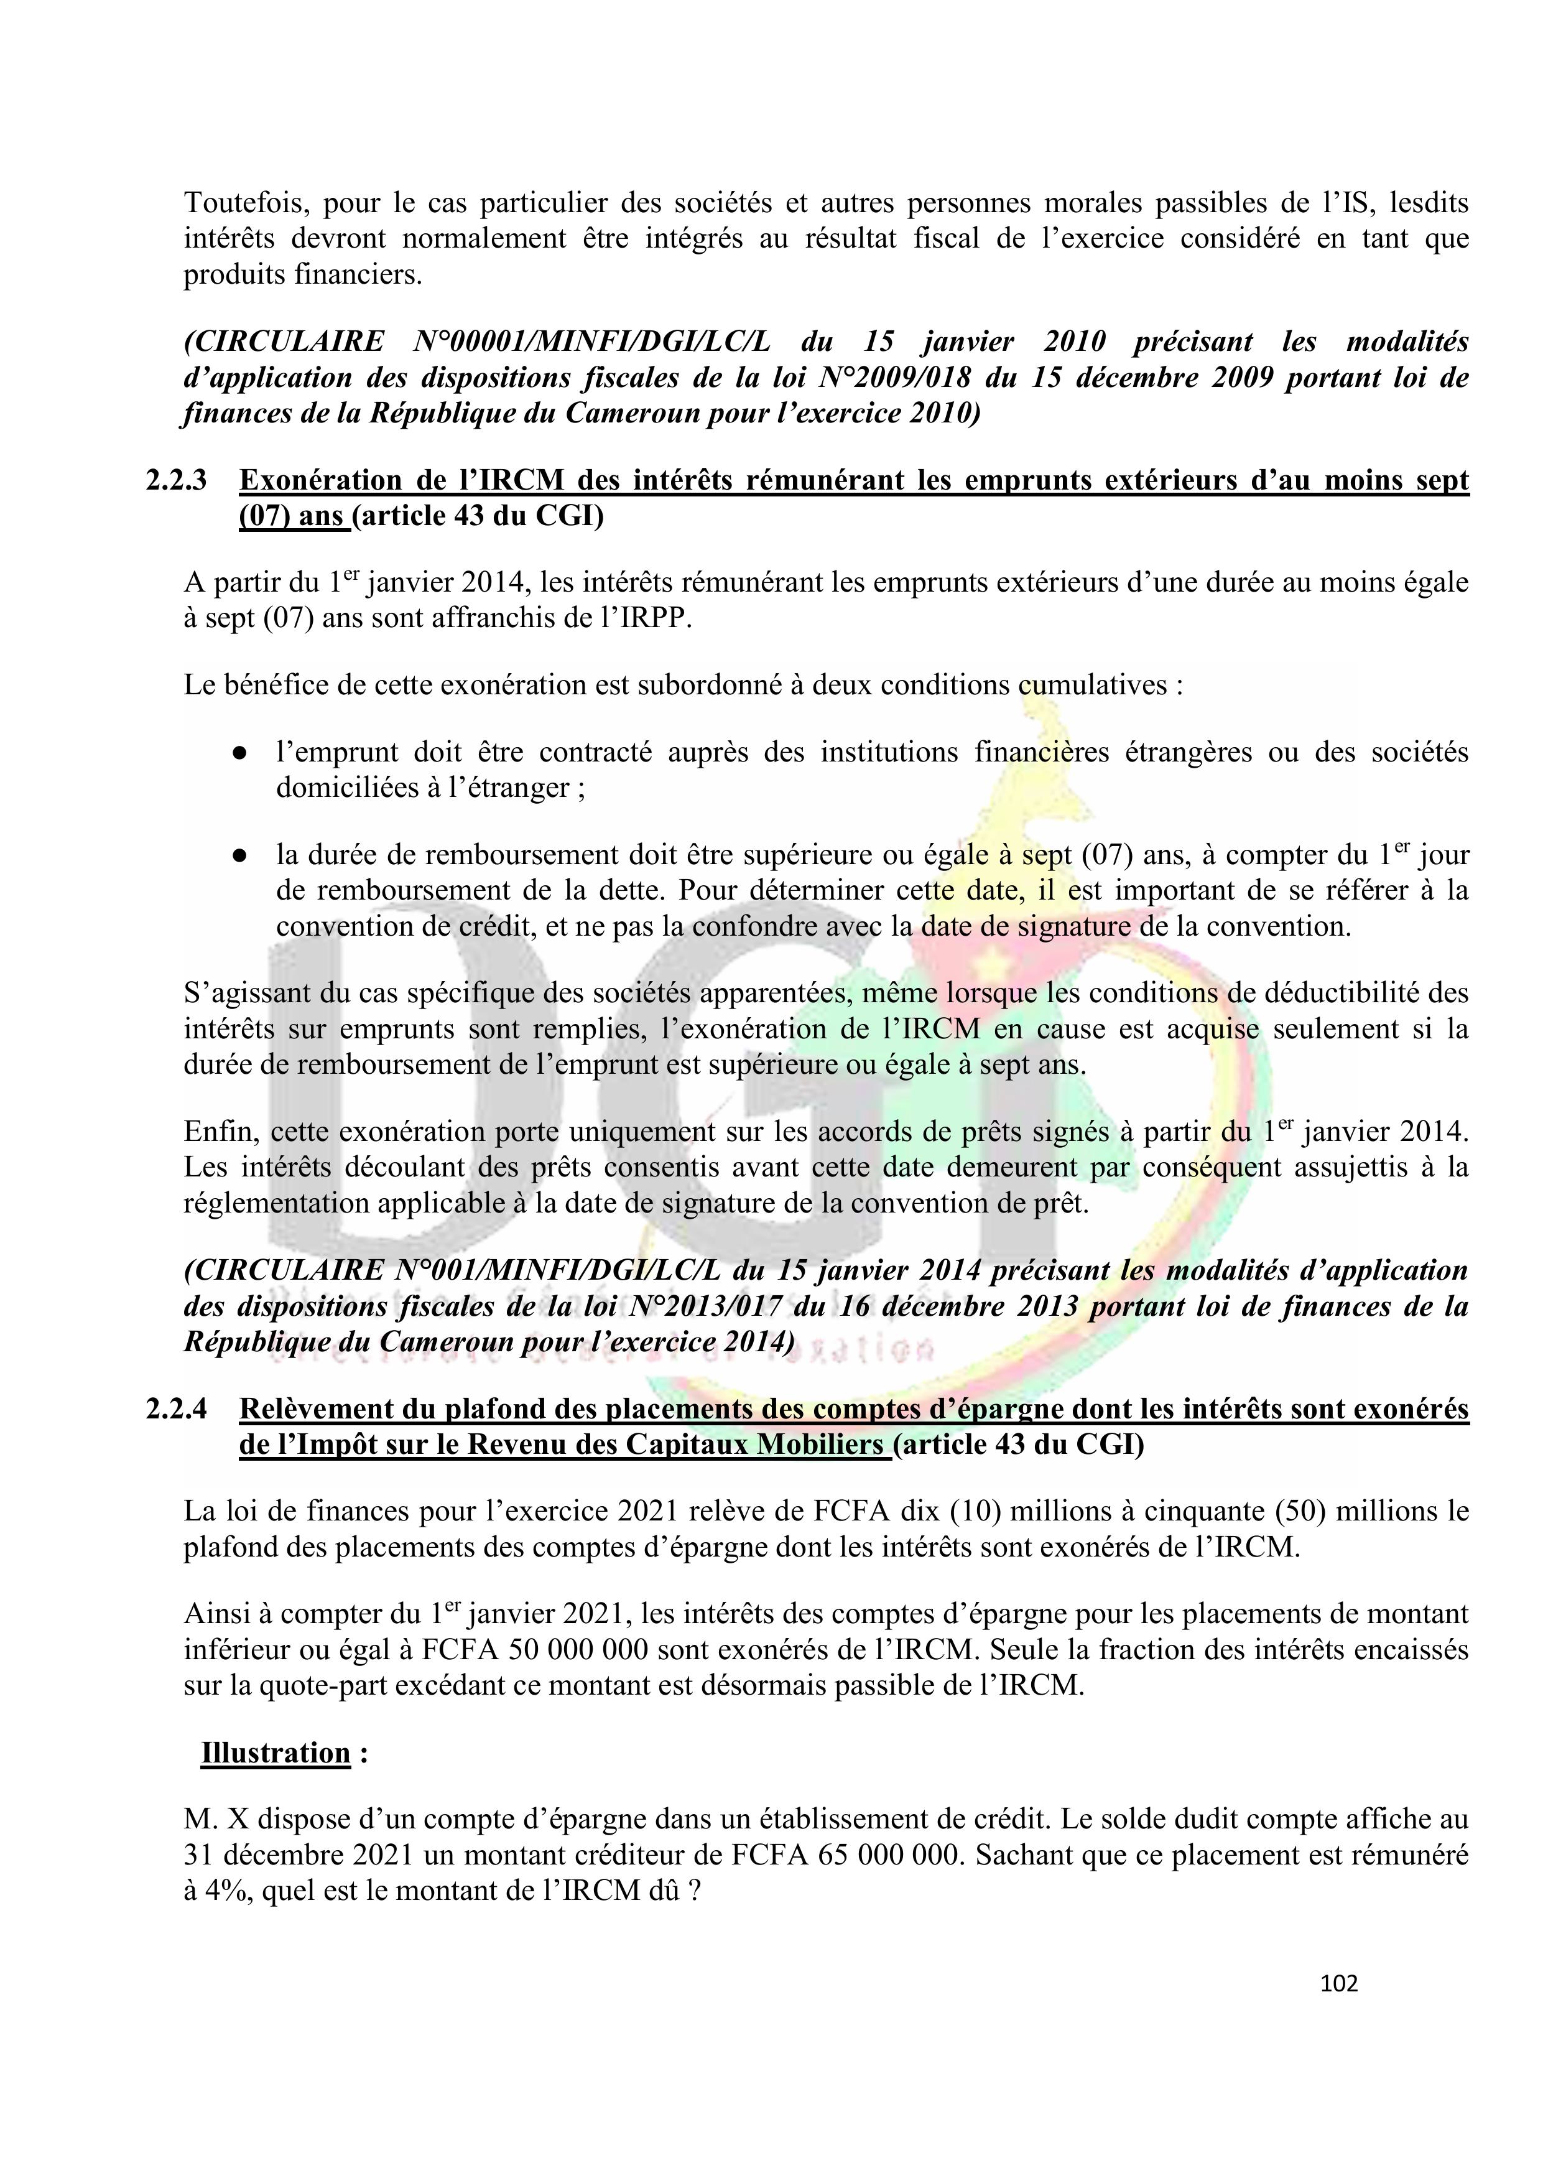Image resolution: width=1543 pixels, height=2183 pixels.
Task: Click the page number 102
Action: click(x=1338, y=1983)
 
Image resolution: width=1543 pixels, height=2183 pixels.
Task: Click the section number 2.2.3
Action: click(x=176, y=480)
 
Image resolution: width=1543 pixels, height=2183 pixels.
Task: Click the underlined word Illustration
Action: click(x=276, y=1752)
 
